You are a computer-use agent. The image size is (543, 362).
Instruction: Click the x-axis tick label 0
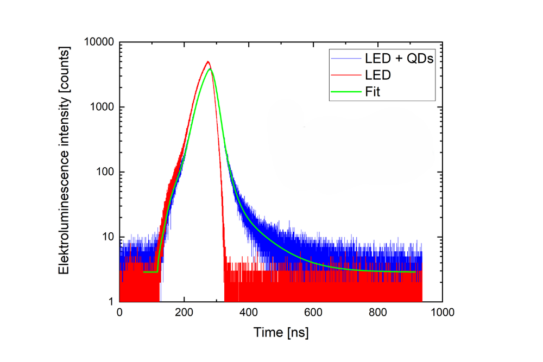[x=119, y=313]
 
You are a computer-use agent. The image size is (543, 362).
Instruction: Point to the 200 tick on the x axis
[x=184, y=313]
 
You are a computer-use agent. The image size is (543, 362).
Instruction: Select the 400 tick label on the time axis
[x=249, y=313]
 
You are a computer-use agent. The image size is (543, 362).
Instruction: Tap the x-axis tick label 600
[x=313, y=313]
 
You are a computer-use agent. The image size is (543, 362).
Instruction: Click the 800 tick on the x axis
[x=377, y=313]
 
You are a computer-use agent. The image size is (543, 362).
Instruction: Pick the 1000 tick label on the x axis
[x=441, y=313]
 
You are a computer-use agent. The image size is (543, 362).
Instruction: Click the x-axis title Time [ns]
[x=281, y=332]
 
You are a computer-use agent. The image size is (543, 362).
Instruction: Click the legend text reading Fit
[x=372, y=92]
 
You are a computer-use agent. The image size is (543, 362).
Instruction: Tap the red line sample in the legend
[x=345, y=75]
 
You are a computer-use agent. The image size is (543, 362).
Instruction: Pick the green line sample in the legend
[x=345, y=92]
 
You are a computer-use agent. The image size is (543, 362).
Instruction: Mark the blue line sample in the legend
[x=345, y=59]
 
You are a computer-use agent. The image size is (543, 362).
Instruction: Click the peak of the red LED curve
[x=207, y=62]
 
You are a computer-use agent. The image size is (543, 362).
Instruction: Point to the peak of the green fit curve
[x=210, y=69]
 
